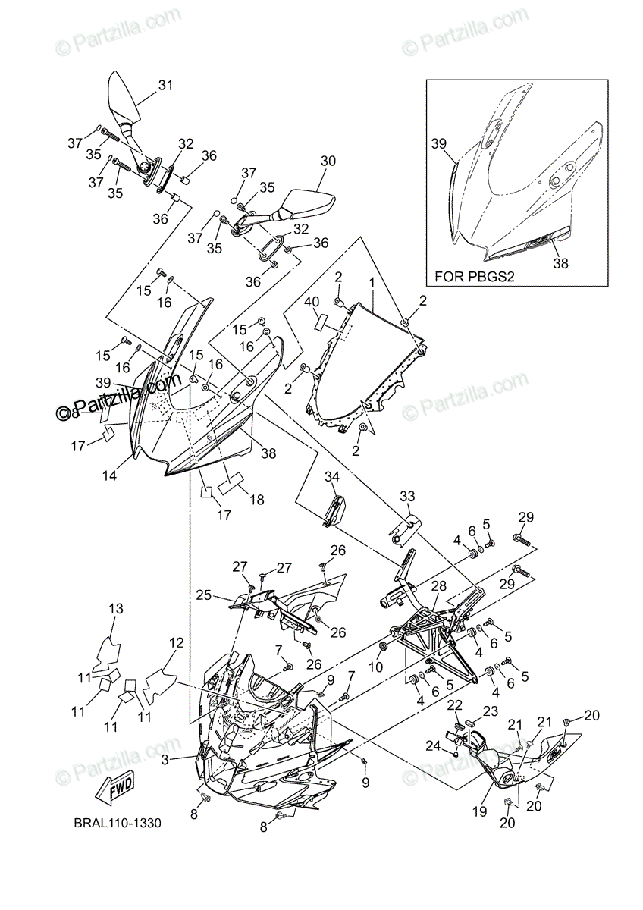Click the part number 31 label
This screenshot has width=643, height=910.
click(x=165, y=86)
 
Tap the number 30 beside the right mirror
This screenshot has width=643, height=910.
click(x=328, y=161)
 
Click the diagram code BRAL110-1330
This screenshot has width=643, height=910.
click(x=118, y=822)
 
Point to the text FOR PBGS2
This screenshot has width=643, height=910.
click(x=475, y=277)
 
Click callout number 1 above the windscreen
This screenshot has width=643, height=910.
click(x=372, y=282)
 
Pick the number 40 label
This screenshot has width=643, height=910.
click(x=312, y=301)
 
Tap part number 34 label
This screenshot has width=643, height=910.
click(x=332, y=476)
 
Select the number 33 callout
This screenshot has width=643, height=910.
click(x=408, y=496)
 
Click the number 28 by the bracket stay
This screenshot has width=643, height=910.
click(x=439, y=585)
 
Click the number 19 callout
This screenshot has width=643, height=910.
click(x=478, y=811)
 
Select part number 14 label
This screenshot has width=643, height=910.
click(x=110, y=476)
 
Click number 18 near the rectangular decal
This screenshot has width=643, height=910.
click(x=256, y=500)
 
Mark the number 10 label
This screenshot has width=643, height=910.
click(x=374, y=667)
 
